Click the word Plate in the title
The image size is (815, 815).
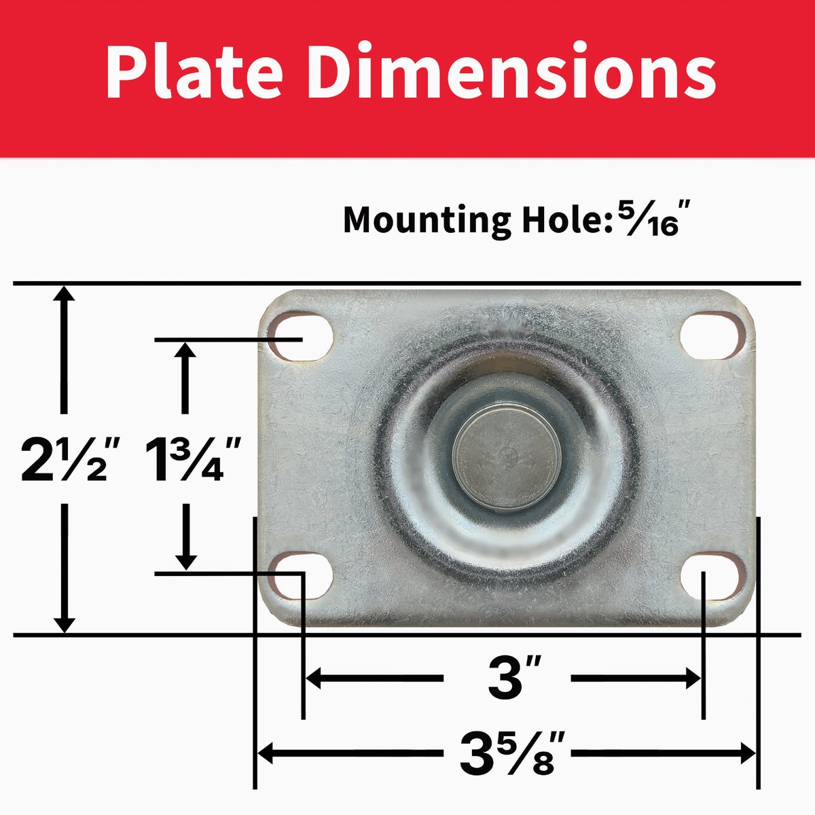pyautogui.click(x=195, y=70)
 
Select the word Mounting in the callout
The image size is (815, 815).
pyautogui.click(x=427, y=221)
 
